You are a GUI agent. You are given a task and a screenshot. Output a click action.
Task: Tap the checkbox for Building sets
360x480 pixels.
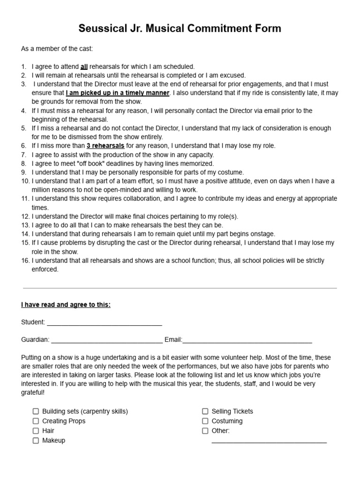36,411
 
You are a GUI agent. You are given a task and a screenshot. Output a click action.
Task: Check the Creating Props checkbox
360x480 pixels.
36,421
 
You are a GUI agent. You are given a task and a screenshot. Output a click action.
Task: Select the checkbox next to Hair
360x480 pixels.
36,431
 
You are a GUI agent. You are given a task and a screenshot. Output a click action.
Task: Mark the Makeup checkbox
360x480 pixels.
36,441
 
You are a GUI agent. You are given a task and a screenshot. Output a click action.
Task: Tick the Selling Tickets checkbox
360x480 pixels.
205,411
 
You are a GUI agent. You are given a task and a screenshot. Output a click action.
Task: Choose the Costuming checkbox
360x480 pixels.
205,421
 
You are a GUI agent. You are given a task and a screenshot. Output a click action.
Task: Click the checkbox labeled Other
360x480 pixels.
205,431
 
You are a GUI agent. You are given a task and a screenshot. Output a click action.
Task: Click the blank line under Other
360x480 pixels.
269,442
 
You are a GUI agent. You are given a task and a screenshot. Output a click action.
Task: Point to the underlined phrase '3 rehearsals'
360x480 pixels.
105,146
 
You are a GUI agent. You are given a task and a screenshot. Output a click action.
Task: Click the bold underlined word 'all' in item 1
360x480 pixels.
84,67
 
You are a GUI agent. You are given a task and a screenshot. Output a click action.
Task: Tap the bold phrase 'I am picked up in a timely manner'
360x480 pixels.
118,93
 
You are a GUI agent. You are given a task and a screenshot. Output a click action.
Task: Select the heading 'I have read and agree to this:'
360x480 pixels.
66,305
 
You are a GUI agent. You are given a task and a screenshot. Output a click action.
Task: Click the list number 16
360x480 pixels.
25,261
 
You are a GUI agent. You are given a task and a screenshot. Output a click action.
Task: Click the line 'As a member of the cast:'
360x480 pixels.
57,49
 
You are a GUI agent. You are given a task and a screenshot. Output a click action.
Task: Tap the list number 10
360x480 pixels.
25,181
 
